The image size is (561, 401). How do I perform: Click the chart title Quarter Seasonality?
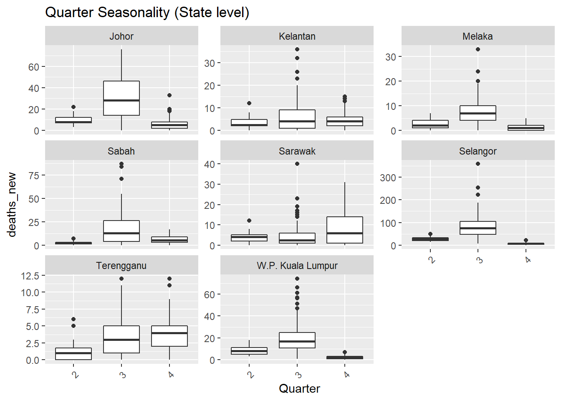tap(147, 13)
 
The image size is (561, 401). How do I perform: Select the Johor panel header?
tap(121, 36)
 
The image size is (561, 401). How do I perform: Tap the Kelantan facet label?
tap(297, 36)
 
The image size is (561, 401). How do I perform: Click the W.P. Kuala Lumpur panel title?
tap(297, 266)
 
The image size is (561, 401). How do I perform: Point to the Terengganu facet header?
tap(121, 266)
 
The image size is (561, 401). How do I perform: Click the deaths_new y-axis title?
tap(12, 205)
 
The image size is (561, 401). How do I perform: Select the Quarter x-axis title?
tap(299, 388)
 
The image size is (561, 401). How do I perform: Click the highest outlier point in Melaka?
tap(478, 49)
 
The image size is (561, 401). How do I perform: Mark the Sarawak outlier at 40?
tap(297, 164)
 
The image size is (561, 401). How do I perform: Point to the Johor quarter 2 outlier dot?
tap(73, 107)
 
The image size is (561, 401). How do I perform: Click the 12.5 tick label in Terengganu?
tap(30, 276)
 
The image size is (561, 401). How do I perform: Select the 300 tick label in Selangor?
tap(388, 178)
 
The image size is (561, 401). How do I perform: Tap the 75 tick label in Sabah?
tap(34, 175)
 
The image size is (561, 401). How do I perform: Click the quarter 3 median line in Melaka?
tap(478, 113)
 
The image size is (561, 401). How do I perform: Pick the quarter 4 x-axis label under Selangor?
tap(527, 260)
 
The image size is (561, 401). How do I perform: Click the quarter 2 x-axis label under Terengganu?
tap(75, 375)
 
